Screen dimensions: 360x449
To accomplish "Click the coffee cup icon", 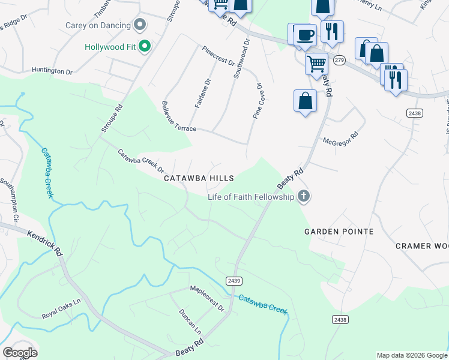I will [x=305, y=35].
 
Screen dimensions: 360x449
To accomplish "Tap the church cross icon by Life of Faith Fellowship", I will [x=304, y=196].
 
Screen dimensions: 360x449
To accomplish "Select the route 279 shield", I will [x=340, y=60].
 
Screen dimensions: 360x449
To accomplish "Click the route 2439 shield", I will [x=234, y=281].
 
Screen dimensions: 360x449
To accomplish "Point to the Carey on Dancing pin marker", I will [x=140, y=25].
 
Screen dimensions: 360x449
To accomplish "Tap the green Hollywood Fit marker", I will [x=144, y=46].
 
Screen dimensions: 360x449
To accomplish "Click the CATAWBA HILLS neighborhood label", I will [x=199, y=178].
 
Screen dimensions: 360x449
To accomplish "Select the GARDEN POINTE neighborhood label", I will [x=339, y=232].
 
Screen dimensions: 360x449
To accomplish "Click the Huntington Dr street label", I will [x=52, y=71].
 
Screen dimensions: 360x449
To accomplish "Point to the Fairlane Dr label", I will [x=203, y=94].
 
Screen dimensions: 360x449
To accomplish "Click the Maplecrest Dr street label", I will [x=207, y=299].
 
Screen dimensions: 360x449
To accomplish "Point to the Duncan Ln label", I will [x=190, y=322].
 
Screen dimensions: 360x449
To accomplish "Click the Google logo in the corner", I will [x=20, y=353].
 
